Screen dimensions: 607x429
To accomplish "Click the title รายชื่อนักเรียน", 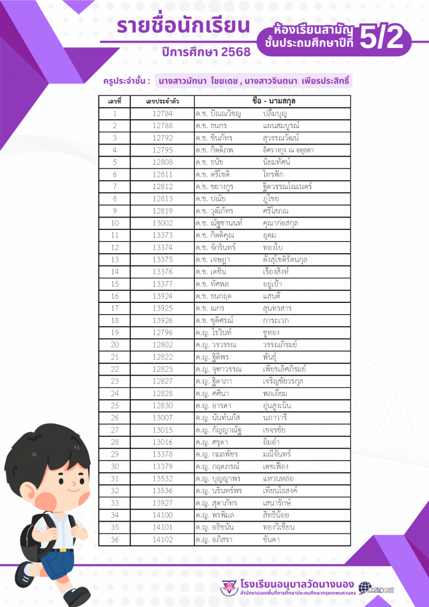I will (183, 26).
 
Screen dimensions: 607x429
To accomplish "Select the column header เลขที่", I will (115, 101).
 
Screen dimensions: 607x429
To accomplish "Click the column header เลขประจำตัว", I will (162, 101).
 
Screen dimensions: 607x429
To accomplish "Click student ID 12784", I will (162, 113).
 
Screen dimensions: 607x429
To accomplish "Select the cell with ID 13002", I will (162, 223).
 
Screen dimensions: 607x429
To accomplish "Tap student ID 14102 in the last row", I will (162, 539).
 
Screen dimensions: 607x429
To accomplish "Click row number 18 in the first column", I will (115, 321).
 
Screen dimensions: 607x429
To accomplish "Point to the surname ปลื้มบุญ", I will (276, 113).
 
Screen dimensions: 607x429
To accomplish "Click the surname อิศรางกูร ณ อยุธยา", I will (288, 150).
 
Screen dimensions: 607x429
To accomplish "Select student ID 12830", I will (162, 405).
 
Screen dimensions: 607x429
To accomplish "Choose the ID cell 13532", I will (162, 478).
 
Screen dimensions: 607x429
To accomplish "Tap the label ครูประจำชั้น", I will (126, 79).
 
